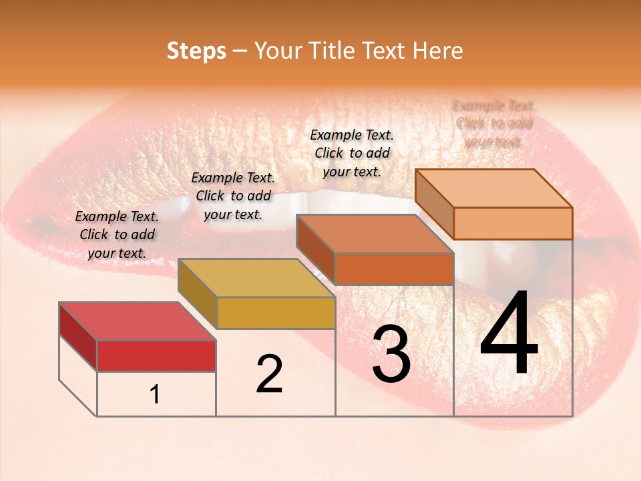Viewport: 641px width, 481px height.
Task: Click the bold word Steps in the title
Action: click(196, 51)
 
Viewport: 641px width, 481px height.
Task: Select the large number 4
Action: click(509, 334)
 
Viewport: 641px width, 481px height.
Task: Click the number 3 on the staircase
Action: click(391, 354)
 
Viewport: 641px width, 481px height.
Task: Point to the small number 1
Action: click(155, 395)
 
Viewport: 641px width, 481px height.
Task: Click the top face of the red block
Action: click(137, 321)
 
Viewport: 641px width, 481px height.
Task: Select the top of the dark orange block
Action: click(375, 234)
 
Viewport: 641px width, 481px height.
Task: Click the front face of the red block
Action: click(156, 356)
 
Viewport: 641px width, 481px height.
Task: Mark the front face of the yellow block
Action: click(276, 313)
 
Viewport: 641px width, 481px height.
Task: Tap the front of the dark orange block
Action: click(394, 269)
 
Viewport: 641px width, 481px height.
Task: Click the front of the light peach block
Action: click(513, 223)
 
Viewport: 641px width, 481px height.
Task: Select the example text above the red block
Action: click(117, 234)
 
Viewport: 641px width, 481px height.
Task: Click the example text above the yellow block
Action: click(233, 196)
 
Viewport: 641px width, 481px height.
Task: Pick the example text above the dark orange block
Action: click(352, 153)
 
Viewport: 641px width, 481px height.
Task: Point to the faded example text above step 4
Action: click(493, 124)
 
